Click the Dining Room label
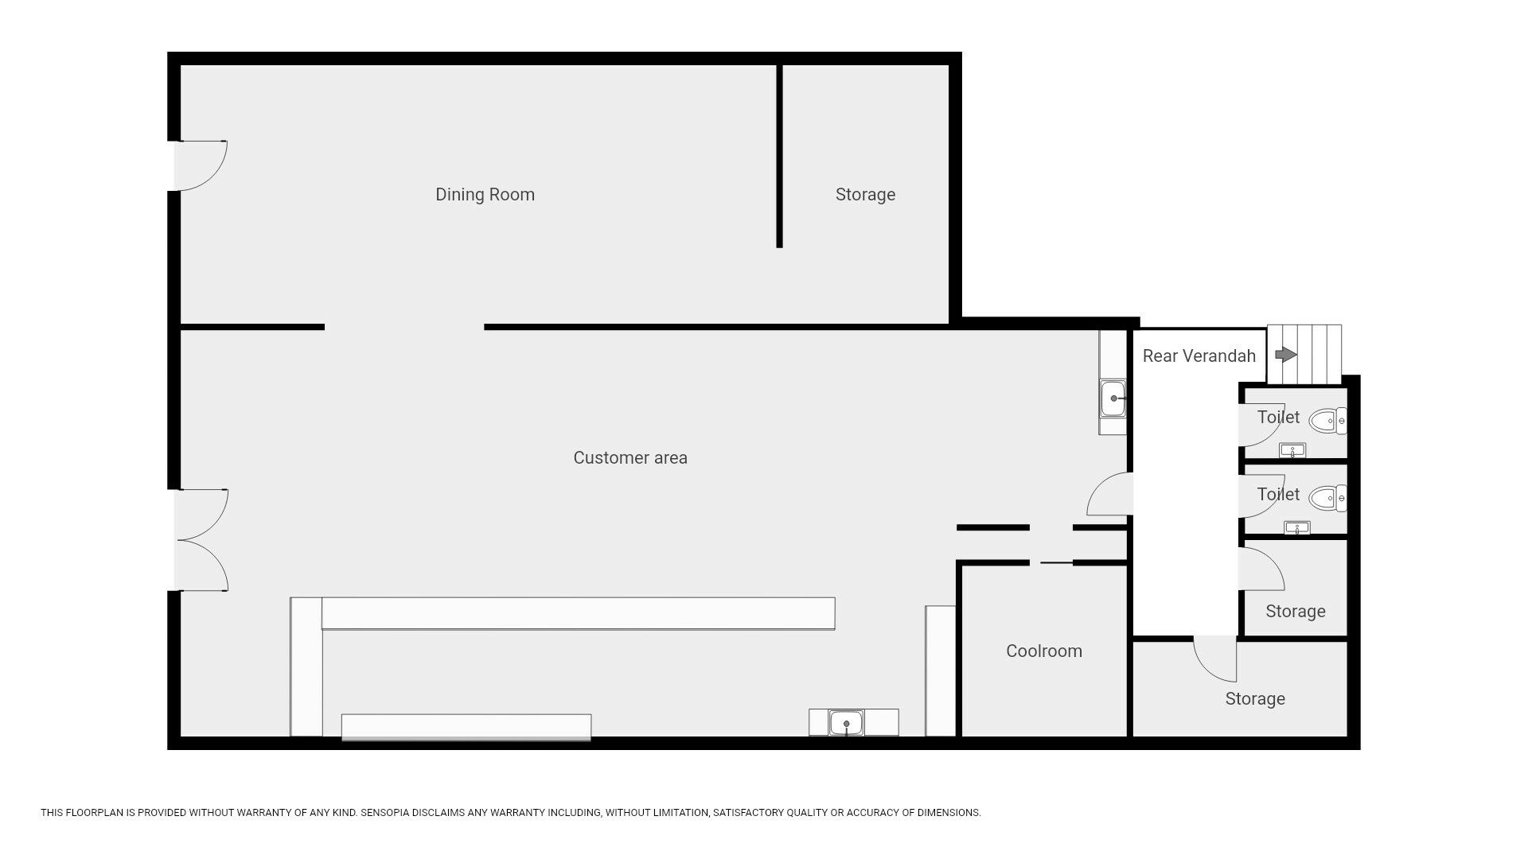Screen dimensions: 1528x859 pos(485,195)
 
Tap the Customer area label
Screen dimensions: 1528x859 pos(630,457)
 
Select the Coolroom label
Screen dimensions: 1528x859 pos(1044,651)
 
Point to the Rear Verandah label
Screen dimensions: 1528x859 pos(1199,356)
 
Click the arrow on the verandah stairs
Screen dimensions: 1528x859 pos(1286,355)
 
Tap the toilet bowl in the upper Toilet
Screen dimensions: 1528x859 pos(1327,421)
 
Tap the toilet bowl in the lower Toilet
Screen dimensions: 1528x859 pos(1327,499)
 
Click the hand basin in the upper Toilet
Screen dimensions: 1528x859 pos(1292,451)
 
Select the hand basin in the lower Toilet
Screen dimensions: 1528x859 pos(1297,527)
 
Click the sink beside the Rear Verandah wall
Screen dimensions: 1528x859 pos(1113,398)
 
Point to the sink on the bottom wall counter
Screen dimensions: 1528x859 pos(846,723)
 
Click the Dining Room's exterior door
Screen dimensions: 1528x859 pos(201,165)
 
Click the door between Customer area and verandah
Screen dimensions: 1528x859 pos(1109,494)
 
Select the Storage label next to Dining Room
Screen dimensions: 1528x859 pos(865,195)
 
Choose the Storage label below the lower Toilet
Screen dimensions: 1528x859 pos(1296,611)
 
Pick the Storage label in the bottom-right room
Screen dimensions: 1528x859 pos(1255,698)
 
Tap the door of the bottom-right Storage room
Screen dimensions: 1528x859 pos(1215,659)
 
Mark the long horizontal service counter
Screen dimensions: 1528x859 pos(579,613)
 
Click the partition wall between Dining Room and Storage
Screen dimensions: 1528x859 pos(779,156)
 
